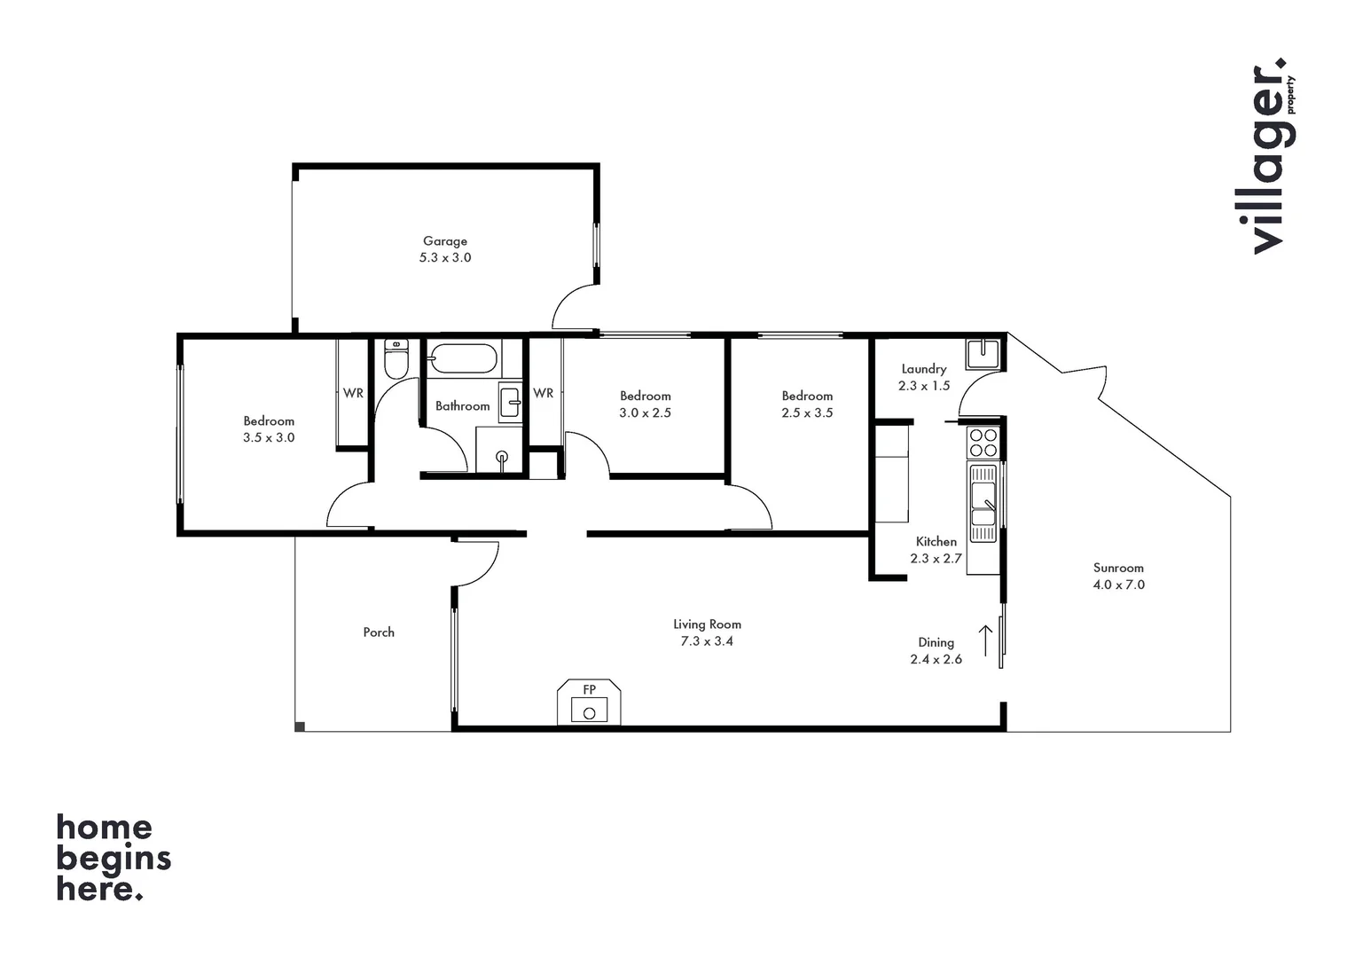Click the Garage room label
[x=444, y=240]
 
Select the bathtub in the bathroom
[x=463, y=359]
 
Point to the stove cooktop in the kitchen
[x=983, y=443]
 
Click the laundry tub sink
[x=983, y=353]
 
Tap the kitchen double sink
[x=983, y=503]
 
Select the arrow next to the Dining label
[x=985, y=640]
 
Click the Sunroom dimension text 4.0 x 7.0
[x=1118, y=585]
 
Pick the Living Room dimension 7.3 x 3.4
[x=707, y=640]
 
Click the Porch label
[x=379, y=632]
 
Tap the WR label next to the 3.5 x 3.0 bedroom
[x=353, y=393]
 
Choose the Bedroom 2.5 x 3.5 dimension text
[x=807, y=412]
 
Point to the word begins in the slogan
[x=114, y=860]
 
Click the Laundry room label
[x=924, y=369]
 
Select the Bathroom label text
[x=462, y=406]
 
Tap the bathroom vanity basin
[x=510, y=402]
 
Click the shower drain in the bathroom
[x=502, y=457]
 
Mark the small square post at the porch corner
[x=300, y=726]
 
